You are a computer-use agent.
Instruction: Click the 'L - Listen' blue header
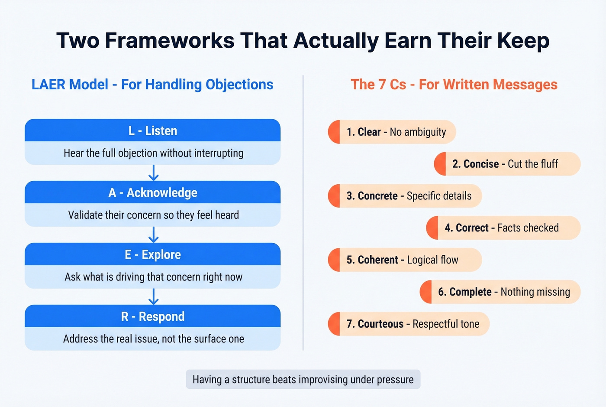pos(152,130)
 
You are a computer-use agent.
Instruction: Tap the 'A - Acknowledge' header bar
pos(152,192)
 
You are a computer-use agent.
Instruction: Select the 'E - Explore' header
pos(152,254)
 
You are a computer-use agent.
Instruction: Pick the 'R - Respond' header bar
pos(152,316)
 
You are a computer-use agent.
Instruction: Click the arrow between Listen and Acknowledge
pos(153,173)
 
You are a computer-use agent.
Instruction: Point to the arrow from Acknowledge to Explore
pos(153,234)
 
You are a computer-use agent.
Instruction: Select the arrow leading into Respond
pos(153,296)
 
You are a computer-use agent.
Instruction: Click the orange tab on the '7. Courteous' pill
pos(334,324)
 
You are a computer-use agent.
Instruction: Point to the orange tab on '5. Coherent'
pos(334,260)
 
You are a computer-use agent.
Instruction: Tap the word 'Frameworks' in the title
pos(169,41)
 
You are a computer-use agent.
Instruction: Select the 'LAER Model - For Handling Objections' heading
pos(152,85)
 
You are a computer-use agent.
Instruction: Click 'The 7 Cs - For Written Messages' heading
pos(454,85)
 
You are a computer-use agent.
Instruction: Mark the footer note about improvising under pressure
pos(303,380)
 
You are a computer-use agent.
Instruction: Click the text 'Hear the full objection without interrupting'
pos(153,153)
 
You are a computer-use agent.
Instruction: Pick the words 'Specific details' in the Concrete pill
pos(439,196)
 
